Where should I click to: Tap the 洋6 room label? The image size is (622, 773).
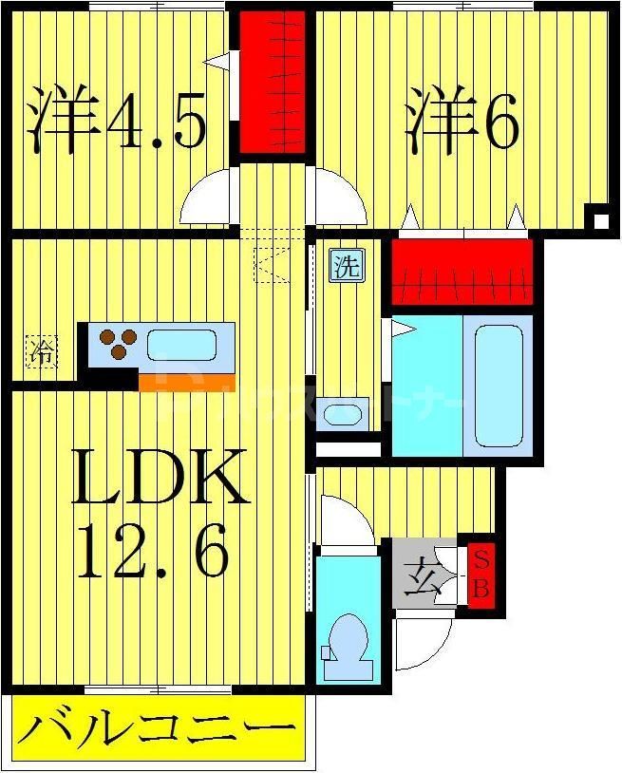(x=462, y=118)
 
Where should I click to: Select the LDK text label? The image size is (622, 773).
(x=160, y=477)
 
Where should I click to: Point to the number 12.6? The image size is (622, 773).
(x=152, y=554)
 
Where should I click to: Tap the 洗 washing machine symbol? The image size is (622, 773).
(x=346, y=266)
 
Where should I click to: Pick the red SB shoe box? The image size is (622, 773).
(x=481, y=574)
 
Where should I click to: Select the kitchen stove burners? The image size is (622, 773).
(x=116, y=342)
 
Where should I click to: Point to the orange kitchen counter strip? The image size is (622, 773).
(x=186, y=383)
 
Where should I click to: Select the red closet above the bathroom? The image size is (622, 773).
(x=462, y=271)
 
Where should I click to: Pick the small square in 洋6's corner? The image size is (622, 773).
(x=600, y=220)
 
